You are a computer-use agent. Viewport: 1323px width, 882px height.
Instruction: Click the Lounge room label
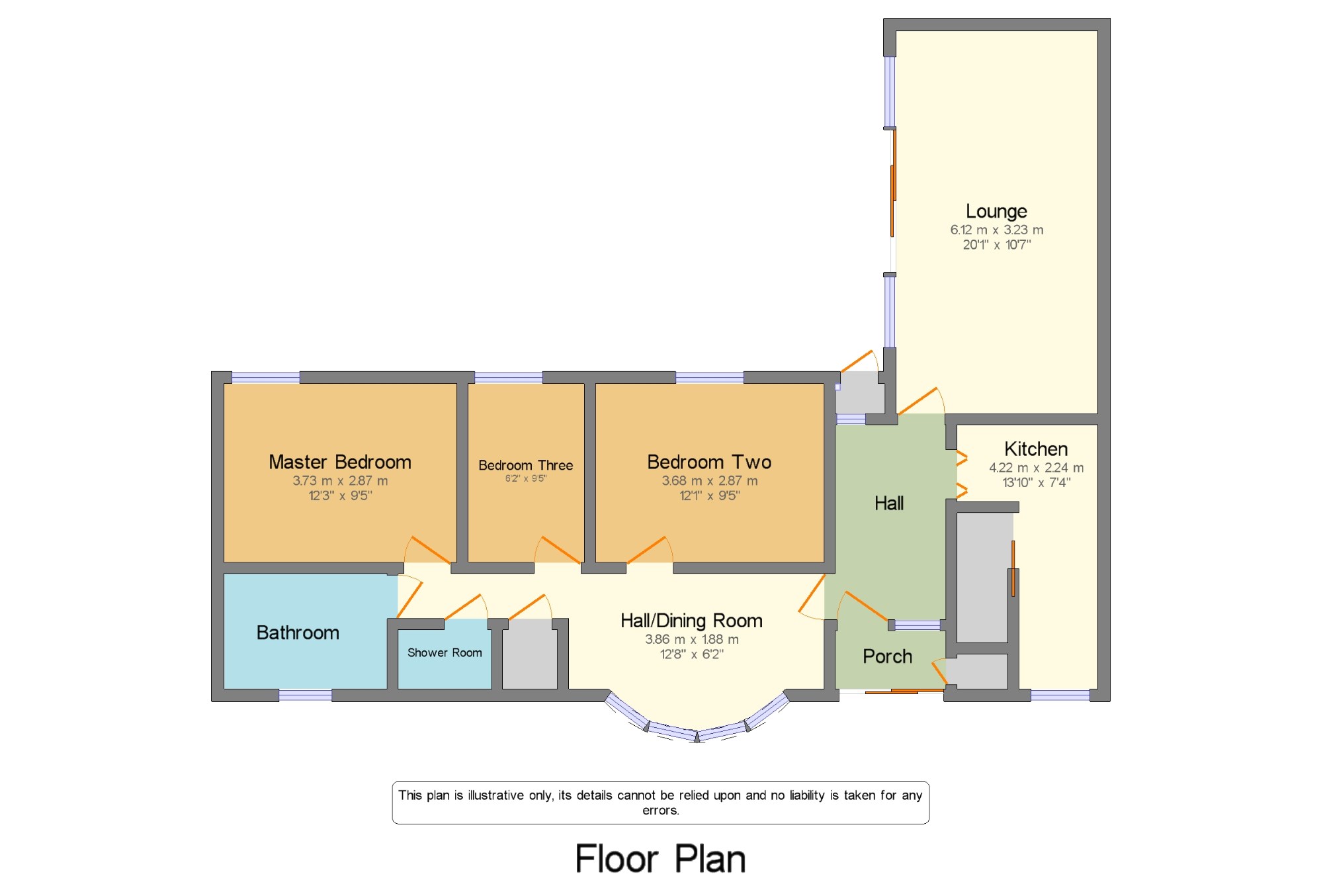point(996,212)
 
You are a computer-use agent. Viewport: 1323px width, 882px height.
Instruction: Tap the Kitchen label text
point(1036,449)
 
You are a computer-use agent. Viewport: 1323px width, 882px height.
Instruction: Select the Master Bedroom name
point(340,462)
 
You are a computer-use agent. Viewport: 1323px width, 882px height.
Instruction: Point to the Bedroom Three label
point(526,465)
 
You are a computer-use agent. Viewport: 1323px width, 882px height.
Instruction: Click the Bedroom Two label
point(709,462)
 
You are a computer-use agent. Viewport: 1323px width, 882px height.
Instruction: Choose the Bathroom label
point(298,633)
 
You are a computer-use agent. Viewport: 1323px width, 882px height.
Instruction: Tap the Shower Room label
point(445,652)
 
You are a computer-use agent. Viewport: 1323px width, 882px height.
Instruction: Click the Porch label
point(887,656)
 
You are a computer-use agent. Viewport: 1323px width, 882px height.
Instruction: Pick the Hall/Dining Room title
point(691,621)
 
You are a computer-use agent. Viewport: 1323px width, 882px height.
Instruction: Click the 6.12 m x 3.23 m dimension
point(997,230)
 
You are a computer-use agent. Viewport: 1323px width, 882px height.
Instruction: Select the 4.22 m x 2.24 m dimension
point(1037,468)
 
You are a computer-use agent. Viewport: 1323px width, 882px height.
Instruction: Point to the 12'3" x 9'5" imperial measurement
point(341,496)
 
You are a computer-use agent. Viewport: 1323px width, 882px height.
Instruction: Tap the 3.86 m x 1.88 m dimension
point(692,639)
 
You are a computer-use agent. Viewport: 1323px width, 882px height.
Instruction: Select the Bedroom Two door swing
point(650,549)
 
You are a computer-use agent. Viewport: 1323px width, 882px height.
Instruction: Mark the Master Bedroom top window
point(265,378)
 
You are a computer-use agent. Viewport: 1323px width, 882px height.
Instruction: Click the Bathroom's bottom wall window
point(305,695)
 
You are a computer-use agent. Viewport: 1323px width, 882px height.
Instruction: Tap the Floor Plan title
point(660,860)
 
